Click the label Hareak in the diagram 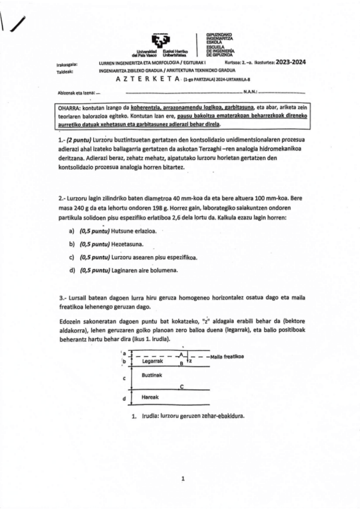tap(149, 398)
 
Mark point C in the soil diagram tap(182, 387)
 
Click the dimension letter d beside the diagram tap(123, 398)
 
